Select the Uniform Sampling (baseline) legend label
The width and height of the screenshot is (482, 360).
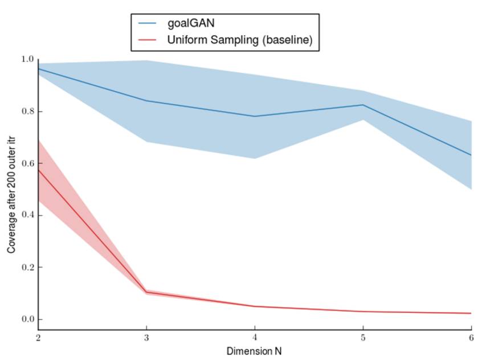239,40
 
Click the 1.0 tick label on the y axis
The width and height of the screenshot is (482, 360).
27,59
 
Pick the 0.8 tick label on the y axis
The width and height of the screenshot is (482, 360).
27,111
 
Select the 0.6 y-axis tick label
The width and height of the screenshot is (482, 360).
27,163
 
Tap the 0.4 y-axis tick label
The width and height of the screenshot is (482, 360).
27,215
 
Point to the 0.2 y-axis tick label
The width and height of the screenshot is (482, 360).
27,267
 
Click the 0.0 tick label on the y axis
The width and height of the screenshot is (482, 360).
27,319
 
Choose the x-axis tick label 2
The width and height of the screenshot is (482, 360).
38,337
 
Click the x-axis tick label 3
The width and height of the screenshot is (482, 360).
146,337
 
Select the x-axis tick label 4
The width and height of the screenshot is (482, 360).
255,337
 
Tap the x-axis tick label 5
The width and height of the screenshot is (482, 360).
363,337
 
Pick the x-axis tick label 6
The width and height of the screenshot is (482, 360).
471,337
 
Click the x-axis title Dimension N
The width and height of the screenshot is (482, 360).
254,351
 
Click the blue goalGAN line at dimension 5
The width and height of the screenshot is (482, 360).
363,105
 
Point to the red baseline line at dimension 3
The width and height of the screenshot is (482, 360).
146,292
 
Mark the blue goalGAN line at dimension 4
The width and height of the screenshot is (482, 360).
255,116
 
